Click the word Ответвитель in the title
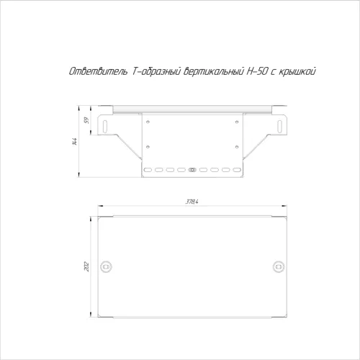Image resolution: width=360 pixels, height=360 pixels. click(99, 71)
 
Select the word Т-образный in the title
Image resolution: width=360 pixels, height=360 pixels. click(156, 72)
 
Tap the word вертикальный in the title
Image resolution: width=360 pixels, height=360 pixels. click(214, 72)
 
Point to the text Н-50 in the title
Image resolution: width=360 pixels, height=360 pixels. click(256, 71)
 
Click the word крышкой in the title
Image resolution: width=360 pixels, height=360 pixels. click(297, 72)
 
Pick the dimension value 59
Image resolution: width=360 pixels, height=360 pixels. click(86, 120)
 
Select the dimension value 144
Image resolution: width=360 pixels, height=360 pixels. click(75, 142)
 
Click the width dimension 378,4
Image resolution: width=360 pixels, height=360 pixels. click(192, 202)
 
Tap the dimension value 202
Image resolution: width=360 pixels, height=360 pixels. click(86, 266)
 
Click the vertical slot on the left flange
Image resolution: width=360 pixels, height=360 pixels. click(105, 126)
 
